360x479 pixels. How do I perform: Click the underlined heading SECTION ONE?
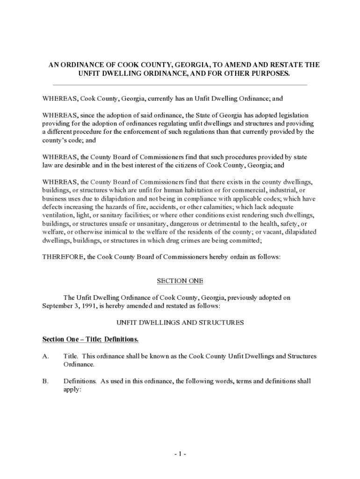coord(180,281)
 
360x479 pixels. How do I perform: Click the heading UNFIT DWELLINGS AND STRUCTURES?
coord(180,323)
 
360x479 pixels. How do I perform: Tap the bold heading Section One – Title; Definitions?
coord(90,339)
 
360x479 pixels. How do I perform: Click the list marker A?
coord(46,356)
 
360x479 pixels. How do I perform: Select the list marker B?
coord(46,381)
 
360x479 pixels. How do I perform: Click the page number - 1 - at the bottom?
coord(180,454)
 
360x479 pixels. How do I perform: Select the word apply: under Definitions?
coord(72,389)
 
